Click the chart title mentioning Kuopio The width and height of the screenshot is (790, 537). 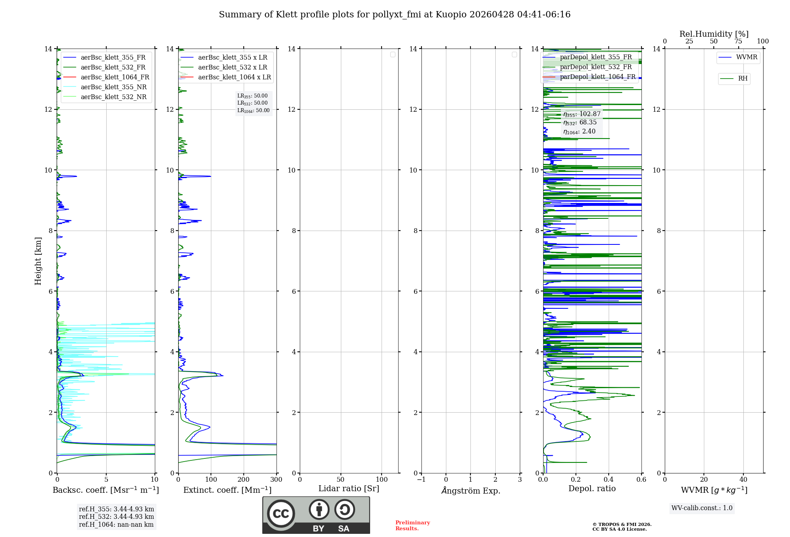395,15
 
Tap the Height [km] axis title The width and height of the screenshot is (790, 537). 38,261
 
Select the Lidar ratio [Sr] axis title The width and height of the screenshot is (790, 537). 348,488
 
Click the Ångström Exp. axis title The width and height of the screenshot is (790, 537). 470,490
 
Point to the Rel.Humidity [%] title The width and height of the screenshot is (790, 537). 714,34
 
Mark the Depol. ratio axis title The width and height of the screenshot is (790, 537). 592,488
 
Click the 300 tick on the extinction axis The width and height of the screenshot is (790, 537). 276,479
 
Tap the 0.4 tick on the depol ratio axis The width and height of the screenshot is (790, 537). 609,479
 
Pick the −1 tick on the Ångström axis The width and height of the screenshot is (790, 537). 421,479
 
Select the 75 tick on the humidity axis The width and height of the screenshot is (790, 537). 738,41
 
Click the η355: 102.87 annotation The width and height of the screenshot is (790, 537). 581,114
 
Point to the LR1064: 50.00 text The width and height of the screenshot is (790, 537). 253,111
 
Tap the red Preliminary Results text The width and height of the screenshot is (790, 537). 412,525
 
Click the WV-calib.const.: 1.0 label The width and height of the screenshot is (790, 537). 702,508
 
